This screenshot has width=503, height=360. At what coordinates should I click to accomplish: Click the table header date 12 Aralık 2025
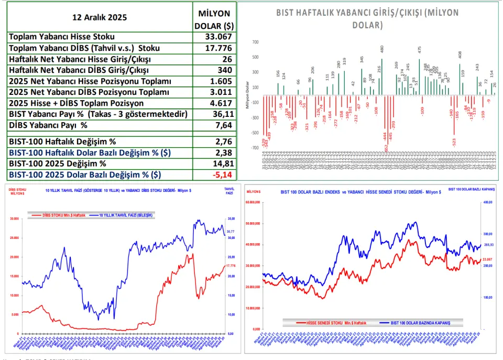[99, 17]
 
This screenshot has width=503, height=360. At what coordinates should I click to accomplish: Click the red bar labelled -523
[454, 115]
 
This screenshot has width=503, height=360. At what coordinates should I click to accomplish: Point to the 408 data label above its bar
[460, 54]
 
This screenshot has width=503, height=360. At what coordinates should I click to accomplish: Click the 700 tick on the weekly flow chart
[255, 42]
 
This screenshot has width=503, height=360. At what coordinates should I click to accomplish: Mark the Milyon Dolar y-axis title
[247, 95]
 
